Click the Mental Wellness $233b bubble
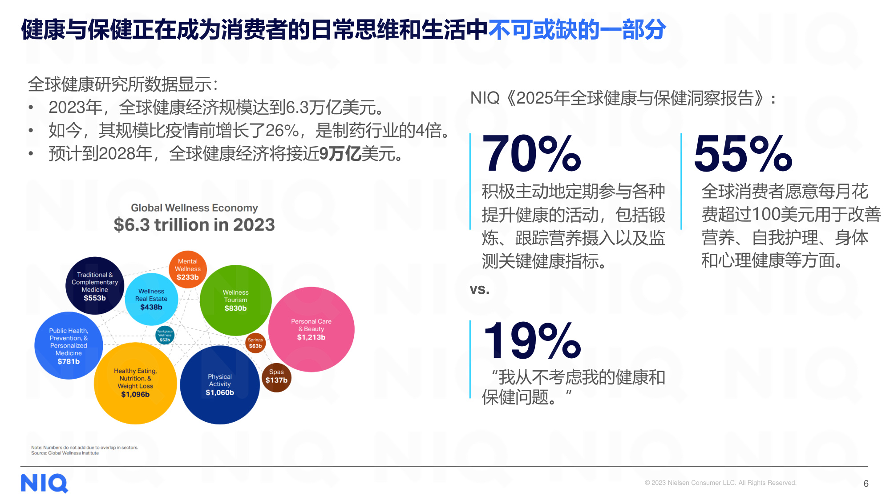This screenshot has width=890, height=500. coord(187,269)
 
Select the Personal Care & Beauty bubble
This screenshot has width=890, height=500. coord(311,329)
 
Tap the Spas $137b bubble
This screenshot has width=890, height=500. coord(276,377)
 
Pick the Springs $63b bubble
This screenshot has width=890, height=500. coord(255,343)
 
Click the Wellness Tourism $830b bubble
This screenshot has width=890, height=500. coord(235,300)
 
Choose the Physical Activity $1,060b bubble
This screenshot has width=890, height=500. coord(220,385)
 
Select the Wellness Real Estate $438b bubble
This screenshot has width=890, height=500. coord(151,299)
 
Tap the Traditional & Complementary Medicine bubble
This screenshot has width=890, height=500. coord(95,286)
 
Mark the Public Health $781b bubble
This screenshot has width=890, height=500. coord(69,346)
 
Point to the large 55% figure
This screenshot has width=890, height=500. coord(743,154)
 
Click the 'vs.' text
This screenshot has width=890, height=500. coord(479,289)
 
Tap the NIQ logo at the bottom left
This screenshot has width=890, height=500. coord(44,483)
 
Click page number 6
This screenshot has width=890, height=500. coord(866,484)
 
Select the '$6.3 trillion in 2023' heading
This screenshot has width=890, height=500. coord(194,224)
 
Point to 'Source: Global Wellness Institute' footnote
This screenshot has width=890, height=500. coord(65,453)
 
